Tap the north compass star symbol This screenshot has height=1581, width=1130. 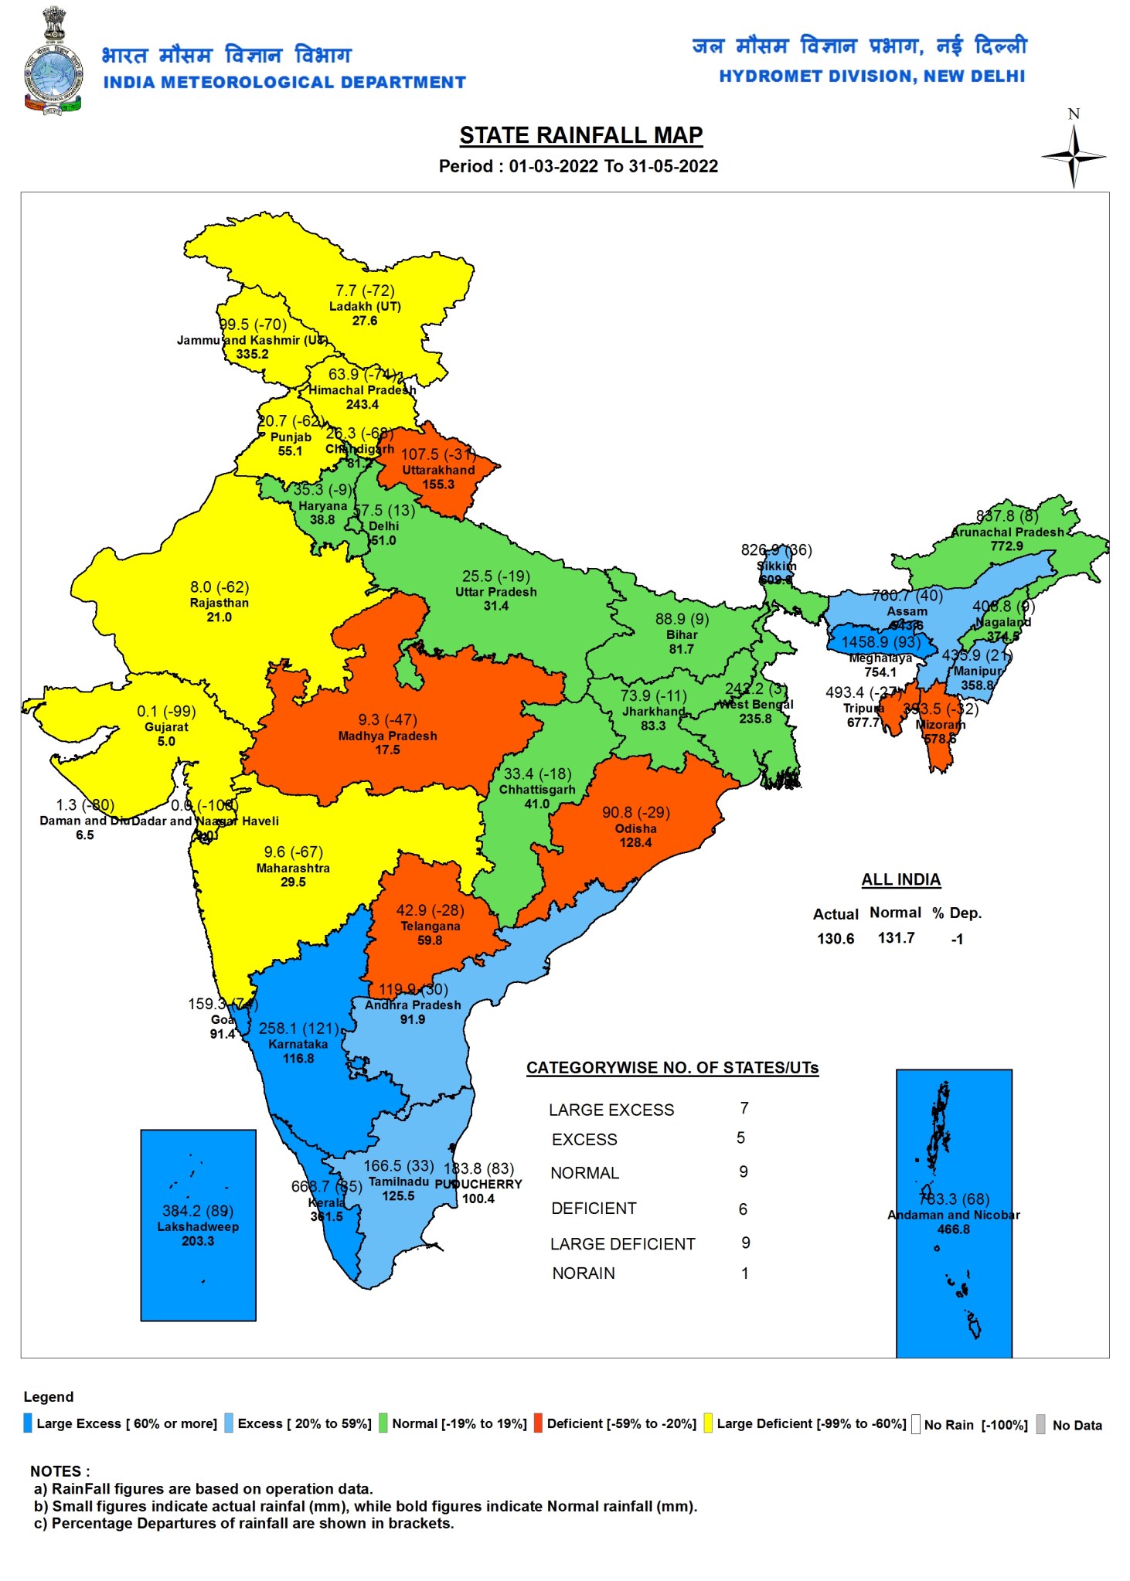1073,156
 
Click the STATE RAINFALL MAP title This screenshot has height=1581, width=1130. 580,135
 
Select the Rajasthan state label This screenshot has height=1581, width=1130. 220,603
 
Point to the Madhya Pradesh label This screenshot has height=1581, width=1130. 387,736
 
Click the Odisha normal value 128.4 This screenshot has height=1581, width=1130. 635,842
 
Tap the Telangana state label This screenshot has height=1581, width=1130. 430,926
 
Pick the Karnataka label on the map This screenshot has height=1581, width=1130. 298,1044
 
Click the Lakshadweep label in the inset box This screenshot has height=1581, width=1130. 198,1226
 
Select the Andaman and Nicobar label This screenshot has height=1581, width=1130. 953,1215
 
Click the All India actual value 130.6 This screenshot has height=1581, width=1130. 836,939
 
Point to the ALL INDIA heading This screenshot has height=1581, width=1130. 900,879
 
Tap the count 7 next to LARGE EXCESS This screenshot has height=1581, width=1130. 744,1108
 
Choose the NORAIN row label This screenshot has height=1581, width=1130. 584,1273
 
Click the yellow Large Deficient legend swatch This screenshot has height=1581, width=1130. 707,1423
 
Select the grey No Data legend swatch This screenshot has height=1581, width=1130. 1041,1424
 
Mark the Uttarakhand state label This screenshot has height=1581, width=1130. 438,470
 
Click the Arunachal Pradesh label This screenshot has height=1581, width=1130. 1007,532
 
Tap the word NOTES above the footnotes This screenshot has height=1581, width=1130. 60,1470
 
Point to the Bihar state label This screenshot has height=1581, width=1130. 682,634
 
